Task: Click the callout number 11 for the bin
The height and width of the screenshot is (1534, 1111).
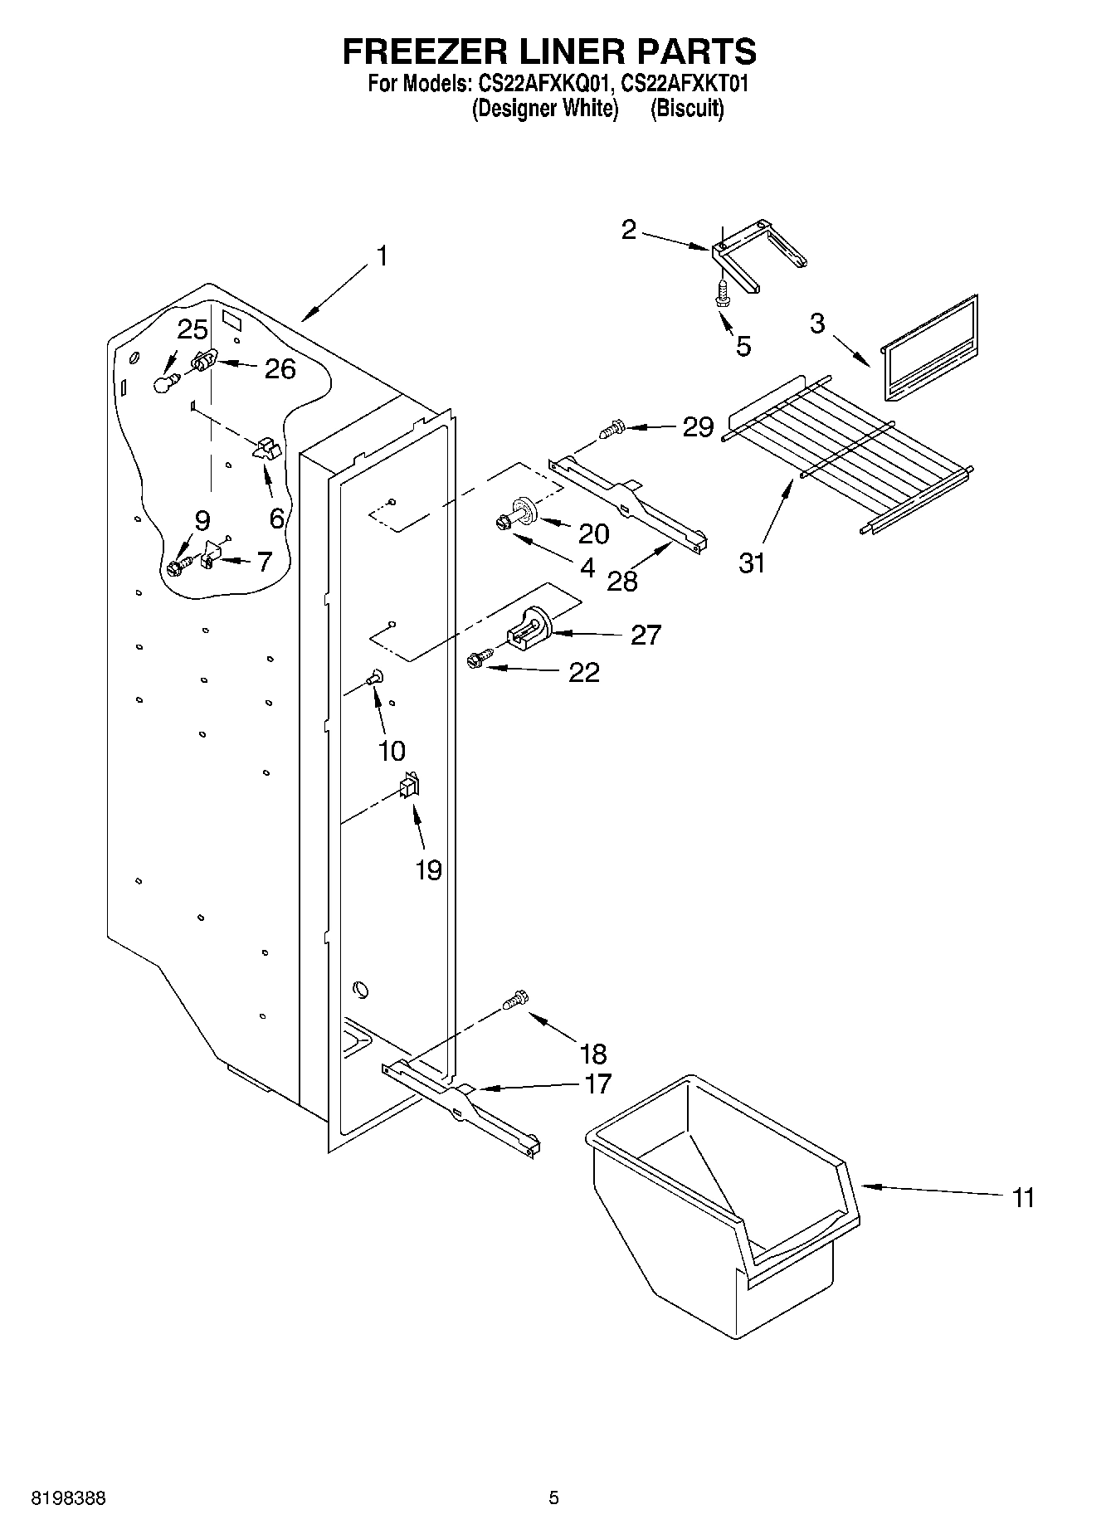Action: click(1023, 1198)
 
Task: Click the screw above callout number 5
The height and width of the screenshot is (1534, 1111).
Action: click(723, 294)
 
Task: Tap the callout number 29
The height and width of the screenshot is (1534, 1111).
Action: click(697, 427)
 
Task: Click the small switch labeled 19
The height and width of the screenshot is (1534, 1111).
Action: click(409, 785)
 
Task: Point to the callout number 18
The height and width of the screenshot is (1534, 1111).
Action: click(593, 1054)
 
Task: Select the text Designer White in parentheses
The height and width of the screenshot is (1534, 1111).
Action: click(545, 109)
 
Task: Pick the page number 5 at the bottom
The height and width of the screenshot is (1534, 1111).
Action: click(553, 1498)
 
